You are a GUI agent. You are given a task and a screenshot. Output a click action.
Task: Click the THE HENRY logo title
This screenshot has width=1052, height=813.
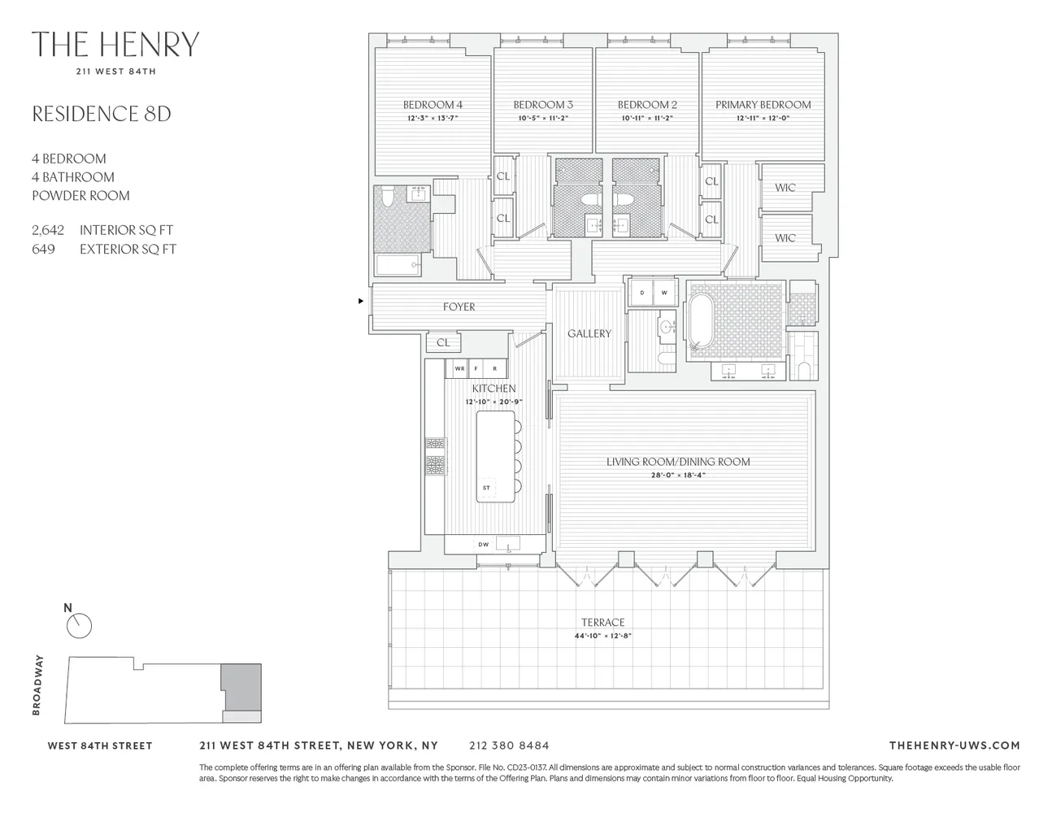[x=115, y=45]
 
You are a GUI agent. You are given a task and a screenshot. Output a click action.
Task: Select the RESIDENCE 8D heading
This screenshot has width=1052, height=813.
[x=102, y=114]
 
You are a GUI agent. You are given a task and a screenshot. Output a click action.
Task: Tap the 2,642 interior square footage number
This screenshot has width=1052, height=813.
[x=48, y=231]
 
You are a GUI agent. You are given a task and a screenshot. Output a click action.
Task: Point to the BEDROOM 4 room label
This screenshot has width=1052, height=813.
[x=433, y=105]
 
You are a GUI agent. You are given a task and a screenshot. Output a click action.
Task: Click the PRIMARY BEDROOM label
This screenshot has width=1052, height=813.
[x=763, y=105]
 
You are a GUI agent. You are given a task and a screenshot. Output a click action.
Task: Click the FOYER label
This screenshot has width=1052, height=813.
[x=459, y=307]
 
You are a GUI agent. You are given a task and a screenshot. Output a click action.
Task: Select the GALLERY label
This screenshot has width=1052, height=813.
[x=589, y=334]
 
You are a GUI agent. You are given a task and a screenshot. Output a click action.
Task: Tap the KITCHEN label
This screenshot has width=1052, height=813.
[x=493, y=389]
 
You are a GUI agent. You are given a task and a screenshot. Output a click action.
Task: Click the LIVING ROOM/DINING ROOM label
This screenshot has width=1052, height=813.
[x=678, y=462]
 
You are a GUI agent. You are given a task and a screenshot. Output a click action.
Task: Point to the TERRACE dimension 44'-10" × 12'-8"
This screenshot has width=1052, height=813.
[x=602, y=637]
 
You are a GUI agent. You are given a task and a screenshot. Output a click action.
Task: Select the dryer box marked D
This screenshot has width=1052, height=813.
[x=641, y=293]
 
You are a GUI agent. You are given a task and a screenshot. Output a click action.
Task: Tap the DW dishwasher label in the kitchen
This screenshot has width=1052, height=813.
[x=483, y=545]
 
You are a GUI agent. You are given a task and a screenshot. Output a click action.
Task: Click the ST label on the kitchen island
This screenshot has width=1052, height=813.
[x=486, y=488]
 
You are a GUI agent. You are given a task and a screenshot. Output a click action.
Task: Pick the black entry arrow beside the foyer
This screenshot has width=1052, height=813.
[x=362, y=302]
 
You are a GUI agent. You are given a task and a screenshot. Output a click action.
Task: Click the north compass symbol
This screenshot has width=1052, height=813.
[x=80, y=625]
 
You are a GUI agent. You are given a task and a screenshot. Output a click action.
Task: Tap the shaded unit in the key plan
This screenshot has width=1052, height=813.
[x=241, y=686]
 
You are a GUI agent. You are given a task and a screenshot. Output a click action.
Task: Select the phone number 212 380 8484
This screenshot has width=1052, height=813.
[x=509, y=746]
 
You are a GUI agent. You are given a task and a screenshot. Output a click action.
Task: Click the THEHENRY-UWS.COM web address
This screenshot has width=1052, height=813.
[x=954, y=746]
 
